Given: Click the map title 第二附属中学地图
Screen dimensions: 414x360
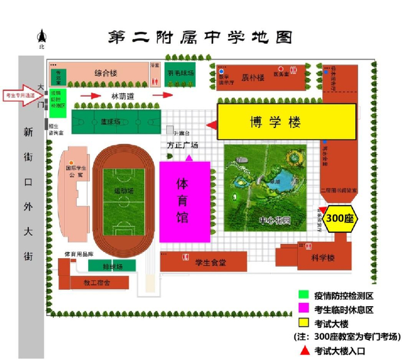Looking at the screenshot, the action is pos(200,38).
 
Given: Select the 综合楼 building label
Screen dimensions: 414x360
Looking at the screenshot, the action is pos(107,74).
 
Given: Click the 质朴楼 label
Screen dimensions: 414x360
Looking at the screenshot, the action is pos(253,77).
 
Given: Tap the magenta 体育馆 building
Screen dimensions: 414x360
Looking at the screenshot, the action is pos(185,201).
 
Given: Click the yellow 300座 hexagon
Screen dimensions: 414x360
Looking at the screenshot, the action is pos(340,218).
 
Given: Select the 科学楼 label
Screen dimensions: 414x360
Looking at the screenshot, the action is pos(323,259).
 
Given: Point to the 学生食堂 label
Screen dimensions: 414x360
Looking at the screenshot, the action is pos(211,263).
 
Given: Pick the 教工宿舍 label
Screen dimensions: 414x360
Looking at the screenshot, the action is pos(98,283).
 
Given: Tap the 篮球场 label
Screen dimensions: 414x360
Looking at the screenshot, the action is pos(111,121).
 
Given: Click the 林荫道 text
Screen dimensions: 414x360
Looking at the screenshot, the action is pos(123,95).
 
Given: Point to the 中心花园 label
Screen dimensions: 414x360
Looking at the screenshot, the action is pos(274,221).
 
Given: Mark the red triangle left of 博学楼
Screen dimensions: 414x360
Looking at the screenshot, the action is pos(211,124).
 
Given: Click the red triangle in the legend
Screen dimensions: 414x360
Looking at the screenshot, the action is pos(303,350).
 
